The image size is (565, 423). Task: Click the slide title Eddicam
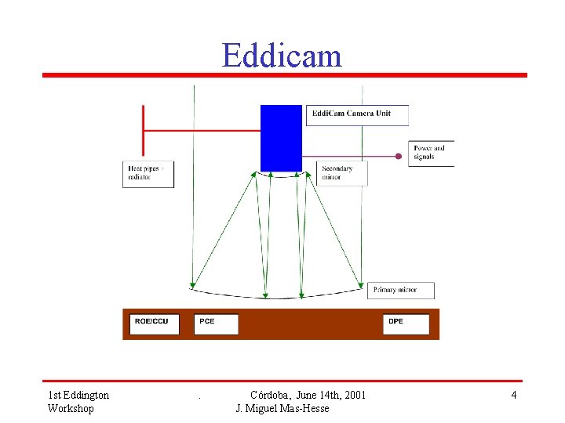282,56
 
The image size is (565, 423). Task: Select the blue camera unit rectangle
281,138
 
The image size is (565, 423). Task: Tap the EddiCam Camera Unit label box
357,114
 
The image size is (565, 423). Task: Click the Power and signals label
431,153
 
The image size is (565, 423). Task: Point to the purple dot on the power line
399,156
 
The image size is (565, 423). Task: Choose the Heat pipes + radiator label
148,173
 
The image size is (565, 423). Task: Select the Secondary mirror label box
342,173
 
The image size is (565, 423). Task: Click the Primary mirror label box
400,290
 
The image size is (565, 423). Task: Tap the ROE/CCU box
154,323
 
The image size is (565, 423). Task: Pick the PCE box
217,323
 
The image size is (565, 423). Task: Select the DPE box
406,323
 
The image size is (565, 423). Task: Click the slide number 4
514,395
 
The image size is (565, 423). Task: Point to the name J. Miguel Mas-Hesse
282,408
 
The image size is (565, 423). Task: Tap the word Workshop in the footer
71,408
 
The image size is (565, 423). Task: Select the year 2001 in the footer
352,395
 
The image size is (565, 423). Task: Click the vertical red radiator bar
143,130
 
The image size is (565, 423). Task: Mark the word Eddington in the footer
84,395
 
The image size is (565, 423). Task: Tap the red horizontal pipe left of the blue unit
202,131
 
